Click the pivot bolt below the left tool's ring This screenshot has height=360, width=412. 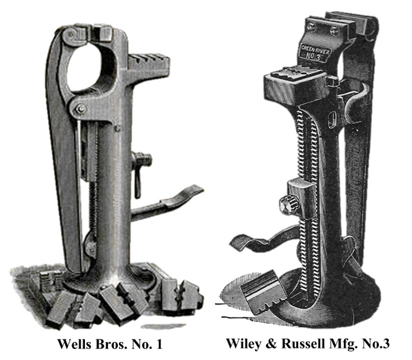(80, 109)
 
